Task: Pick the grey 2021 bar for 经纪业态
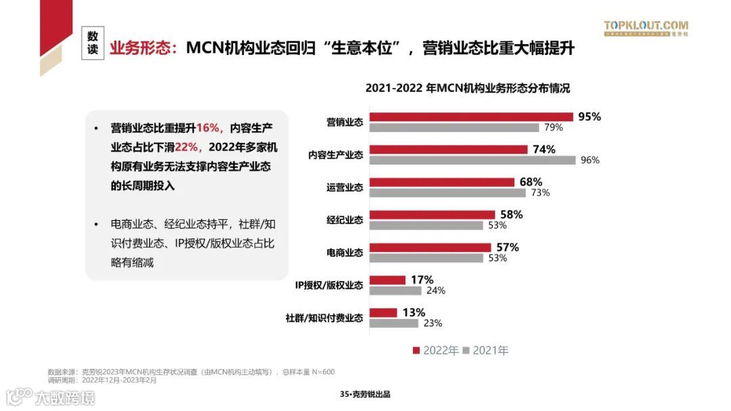(x=426, y=225)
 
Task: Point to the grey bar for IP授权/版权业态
(x=395, y=290)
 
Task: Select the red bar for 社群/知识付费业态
(x=383, y=313)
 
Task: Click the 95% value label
(x=589, y=116)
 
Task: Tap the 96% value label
(x=590, y=160)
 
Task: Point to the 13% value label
(x=413, y=312)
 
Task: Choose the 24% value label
(x=435, y=290)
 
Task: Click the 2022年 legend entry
(x=435, y=350)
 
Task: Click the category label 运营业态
(x=345, y=188)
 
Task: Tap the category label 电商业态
(x=345, y=253)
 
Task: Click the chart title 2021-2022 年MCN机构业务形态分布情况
(x=468, y=88)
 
